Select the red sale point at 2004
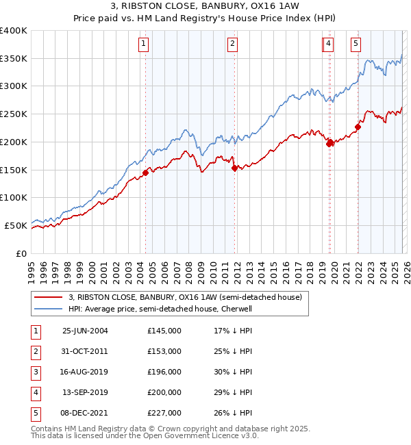point(145,173)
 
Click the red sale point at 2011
point(234,168)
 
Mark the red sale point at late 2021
point(358,127)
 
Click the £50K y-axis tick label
point(16,225)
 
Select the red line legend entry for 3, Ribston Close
point(189,297)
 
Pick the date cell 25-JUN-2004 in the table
point(85,331)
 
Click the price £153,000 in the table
point(164,351)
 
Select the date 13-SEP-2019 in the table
point(85,392)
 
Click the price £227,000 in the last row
point(164,413)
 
